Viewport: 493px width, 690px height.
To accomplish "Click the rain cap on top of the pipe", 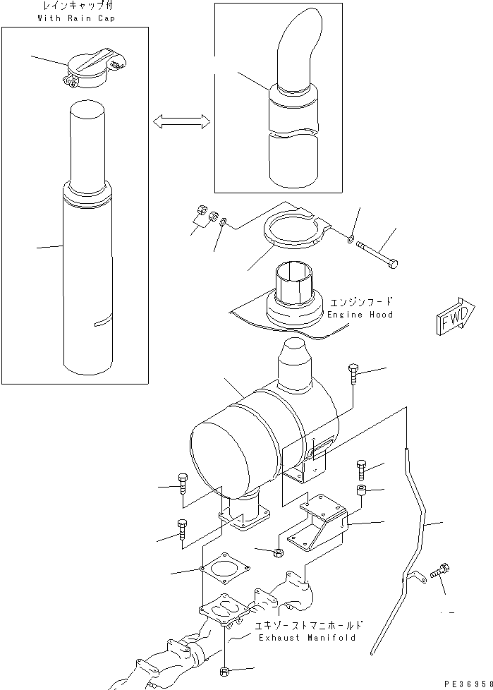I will pos(89,68).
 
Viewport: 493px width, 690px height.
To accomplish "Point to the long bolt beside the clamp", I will pos(378,253).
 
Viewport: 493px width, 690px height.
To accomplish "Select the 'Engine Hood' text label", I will pos(360,314).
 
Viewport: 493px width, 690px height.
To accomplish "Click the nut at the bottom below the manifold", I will pos(225,670).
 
